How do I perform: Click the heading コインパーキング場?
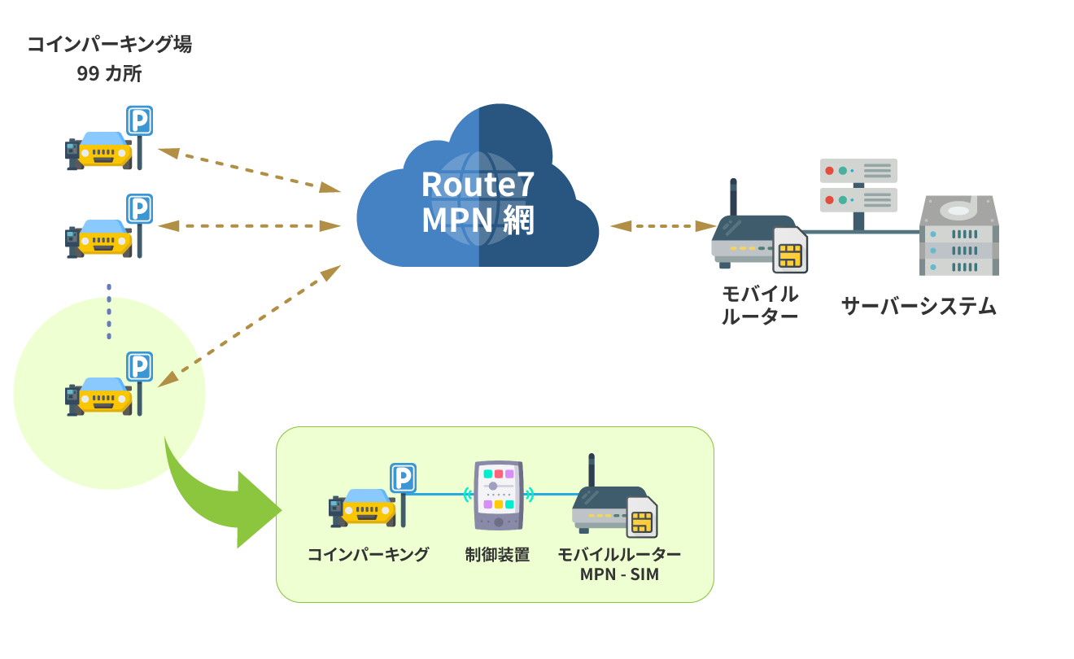click(x=109, y=44)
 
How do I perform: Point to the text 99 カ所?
click(x=109, y=73)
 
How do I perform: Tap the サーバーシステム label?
click(x=918, y=306)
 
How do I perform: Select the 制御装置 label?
click(x=497, y=555)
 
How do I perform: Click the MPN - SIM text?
click(x=619, y=574)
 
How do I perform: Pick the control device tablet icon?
click(x=498, y=495)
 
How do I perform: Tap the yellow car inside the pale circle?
click(x=100, y=395)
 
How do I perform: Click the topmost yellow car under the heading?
click(x=100, y=151)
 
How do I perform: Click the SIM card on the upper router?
click(x=789, y=251)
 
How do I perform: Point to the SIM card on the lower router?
click(x=642, y=517)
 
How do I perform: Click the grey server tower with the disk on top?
click(x=959, y=236)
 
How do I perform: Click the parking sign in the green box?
click(x=404, y=478)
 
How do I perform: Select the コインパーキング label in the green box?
click(x=368, y=555)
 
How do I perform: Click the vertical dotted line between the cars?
click(x=108, y=312)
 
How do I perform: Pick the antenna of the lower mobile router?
click(x=592, y=471)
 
